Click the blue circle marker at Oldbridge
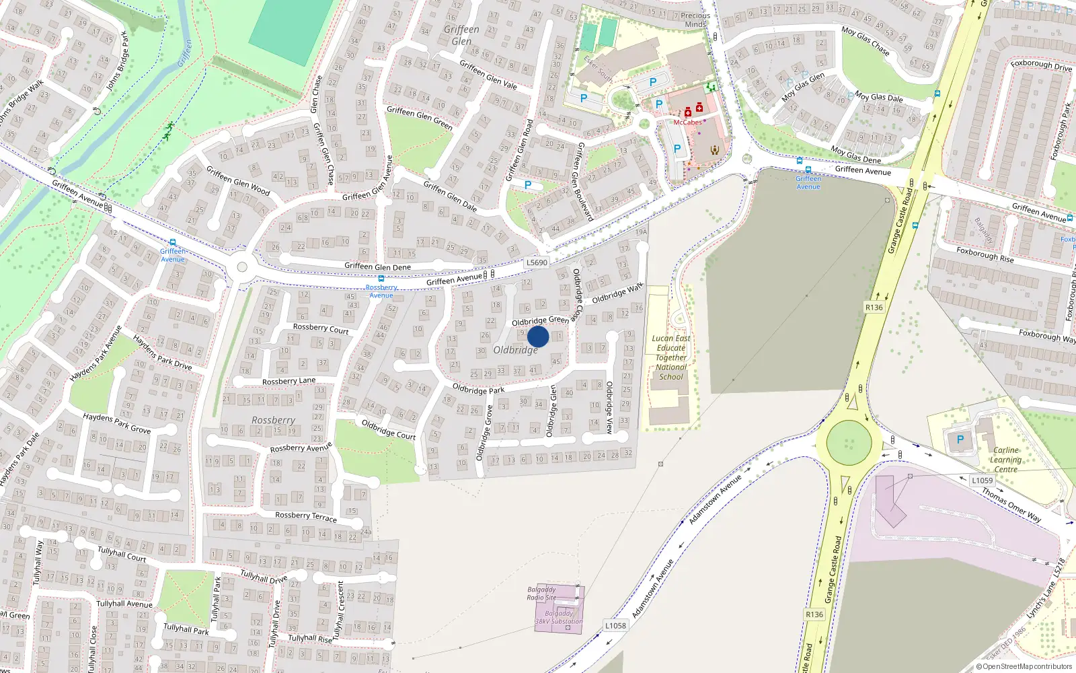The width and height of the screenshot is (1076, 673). (x=538, y=336)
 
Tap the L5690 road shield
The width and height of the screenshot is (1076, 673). (x=537, y=262)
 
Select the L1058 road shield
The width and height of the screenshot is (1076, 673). (x=615, y=625)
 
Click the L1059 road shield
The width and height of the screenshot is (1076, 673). (x=982, y=481)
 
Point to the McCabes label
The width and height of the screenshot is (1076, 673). (x=687, y=122)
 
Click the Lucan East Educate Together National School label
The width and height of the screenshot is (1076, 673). (x=670, y=357)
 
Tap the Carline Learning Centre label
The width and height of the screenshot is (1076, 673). (x=1006, y=460)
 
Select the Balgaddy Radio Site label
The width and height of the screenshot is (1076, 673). (x=541, y=593)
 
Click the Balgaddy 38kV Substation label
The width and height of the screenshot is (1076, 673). (x=559, y=617)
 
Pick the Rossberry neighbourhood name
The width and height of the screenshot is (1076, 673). (x=273, y=420)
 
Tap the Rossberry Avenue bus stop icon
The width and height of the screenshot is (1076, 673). (x=381, y=279)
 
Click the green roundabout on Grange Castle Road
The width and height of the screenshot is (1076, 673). (x=849, y=442)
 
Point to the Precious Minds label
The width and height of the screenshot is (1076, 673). (x=695, y=20)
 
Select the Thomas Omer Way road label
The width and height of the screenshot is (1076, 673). (x=1011, y=505)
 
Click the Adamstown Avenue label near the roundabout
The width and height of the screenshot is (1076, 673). (x=715, y=499)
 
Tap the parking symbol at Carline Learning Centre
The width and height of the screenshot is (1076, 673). (x=960, y=439)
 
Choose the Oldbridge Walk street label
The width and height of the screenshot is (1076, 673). (x=617, y=293)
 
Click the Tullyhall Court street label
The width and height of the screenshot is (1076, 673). (x=122, y=554)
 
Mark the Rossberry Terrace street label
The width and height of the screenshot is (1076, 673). (x=306, y=516)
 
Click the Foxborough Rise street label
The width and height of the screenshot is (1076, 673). (x=985, y=254)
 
